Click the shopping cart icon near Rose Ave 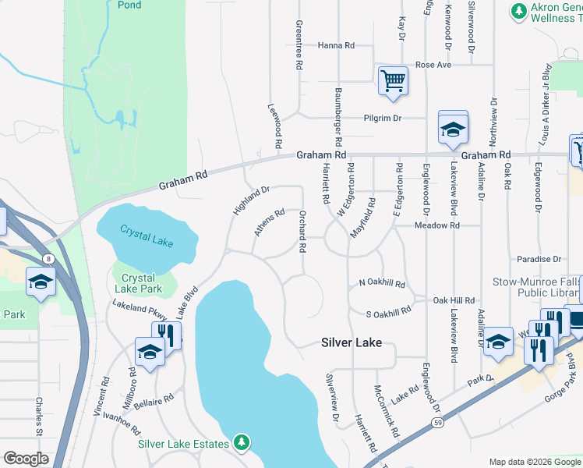click(x=393, y=80)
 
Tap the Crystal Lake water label click(x=147, y=236)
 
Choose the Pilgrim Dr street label click(x=382, y=119)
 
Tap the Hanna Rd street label click(x=336, y=46)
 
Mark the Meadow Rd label click(x=436, y=225)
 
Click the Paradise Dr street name click(x=539, y=259)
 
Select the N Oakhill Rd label click(x=382, y=284)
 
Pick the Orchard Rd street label click(x=302, y=230)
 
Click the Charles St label click(x=37, y=417)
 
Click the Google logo click(x=26, y=459)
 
